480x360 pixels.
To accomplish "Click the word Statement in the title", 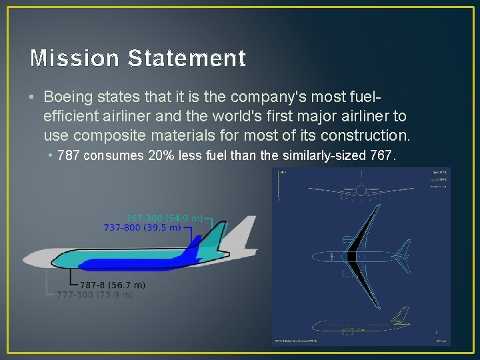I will (186, 59).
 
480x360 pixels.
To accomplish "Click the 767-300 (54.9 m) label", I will (164, 218).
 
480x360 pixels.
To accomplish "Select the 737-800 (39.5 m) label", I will (142, 227).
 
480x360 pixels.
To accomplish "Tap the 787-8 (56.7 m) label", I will (117, 285).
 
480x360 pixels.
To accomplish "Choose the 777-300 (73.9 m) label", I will (95, 294).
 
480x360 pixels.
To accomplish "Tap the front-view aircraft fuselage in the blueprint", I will (361, 194).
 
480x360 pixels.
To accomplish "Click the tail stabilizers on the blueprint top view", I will (402, 256).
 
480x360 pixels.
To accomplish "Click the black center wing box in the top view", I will (351, 256).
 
